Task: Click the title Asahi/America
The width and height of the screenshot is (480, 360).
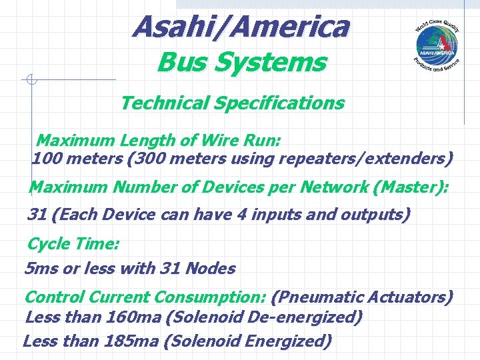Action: pyautogui.click(x=240, y=27)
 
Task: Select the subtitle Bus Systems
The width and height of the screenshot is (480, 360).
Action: pyautogui.click(x=241, y=63)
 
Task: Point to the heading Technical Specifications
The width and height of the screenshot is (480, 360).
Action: pyautogui.click(x=232, y=103)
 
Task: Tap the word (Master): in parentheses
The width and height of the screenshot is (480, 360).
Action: pyautogui.click(x=411, y=187)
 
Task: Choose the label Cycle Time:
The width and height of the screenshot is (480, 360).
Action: pyautogui.click(x=73, y=244)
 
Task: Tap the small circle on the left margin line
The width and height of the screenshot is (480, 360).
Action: pyautogui.click(x=31, y=80)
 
